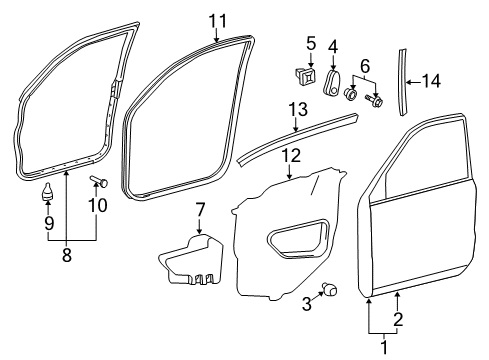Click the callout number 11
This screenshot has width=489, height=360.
[217, 21]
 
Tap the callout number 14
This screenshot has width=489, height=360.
[431, 81]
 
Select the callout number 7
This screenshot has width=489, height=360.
[200, 210]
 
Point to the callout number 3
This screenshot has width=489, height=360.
[307, 304]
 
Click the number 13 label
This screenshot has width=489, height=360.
[298, 109]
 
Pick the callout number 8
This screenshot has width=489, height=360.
[67, 255]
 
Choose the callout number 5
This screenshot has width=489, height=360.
[311, 44]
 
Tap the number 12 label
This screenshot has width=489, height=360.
[291, 155]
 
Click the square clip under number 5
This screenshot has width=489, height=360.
[306, 77]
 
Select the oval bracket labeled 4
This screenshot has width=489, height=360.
[331, 82]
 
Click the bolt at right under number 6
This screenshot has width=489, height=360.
[375, 99]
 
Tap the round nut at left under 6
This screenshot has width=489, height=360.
[350, 94]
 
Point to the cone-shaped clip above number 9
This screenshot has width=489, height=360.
[48, 191]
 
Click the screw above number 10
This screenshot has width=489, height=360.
[99, 181]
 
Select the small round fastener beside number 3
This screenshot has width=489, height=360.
[329, 289]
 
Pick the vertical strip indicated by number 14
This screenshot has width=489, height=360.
[403, 82]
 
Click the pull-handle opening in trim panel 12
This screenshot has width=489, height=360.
[299, 238]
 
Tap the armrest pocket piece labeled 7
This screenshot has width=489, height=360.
[191, 260]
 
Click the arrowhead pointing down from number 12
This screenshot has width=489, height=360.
[289, 176]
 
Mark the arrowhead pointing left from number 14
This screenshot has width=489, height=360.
[409, 82]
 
